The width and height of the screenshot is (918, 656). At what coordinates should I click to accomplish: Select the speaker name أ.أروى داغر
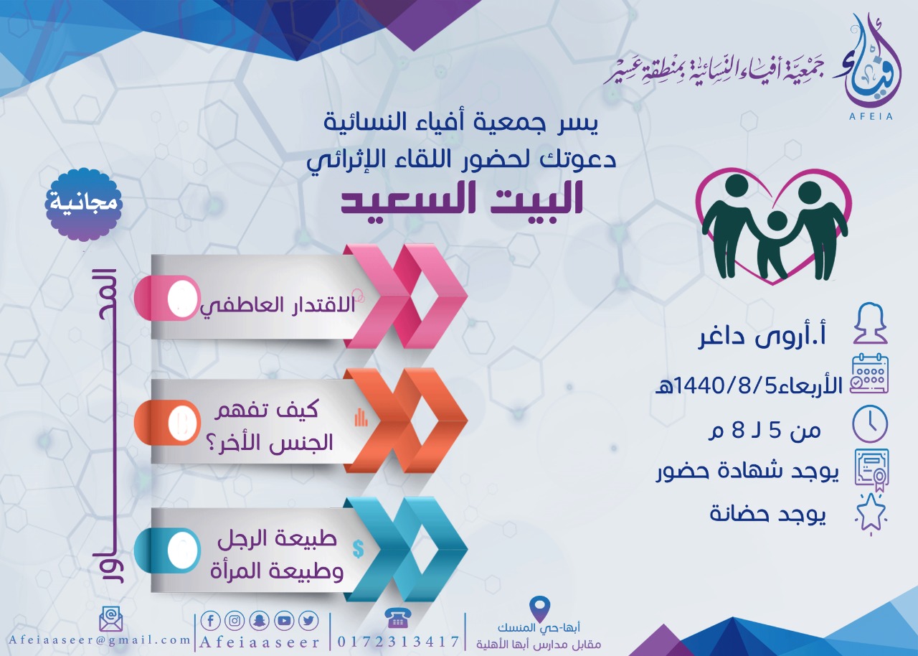pyautogui.click(x=762, y=337)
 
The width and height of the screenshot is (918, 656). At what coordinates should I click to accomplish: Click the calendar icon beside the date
pyautogui.click(x=870, y=375)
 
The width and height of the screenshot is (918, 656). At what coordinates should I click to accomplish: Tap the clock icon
pyautogui.click(x=870, y=424)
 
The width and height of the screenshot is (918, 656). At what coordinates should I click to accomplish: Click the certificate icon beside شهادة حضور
pyautogui.click(x=871, y=470)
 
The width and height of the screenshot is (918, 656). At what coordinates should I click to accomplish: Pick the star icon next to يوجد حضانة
pyautogui.click(x=871, y=514)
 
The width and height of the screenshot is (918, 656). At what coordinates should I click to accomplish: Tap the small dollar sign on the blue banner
pyautogui.click(x=358, y=548)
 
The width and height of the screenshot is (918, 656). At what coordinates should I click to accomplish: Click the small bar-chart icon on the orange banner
pyautogui.click(x=361, y=418)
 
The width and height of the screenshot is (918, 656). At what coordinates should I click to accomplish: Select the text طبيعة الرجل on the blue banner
pyautogui.click(x=277, y=539)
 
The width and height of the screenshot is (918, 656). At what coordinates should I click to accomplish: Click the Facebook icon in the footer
pyautogui.click(x=211, y=621)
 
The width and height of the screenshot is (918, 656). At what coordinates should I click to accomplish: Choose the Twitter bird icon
pyautogui.click(x=308, y=621)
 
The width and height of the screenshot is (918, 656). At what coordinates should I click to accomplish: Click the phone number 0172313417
pyautogui.click(x=398, y=642)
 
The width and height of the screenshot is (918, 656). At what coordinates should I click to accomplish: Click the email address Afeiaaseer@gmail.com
pyautogui.click(x=99, y=640)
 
